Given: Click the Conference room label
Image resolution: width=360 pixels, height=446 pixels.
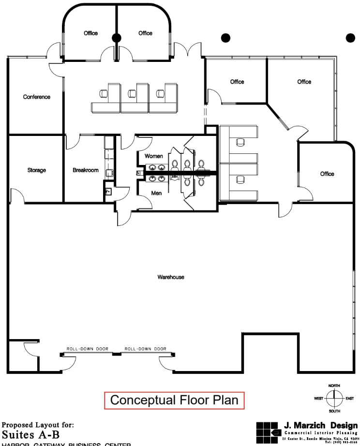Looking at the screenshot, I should pyautogui.click(x=36, y=97).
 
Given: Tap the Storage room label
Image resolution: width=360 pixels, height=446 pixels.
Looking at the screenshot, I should pyautogui.click(x=36, y=170).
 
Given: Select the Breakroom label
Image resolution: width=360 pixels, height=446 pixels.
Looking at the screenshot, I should pyautogui.click(x=86, y=170).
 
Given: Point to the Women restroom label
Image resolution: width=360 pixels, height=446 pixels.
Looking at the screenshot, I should pyautogui.click(x=153, y=156).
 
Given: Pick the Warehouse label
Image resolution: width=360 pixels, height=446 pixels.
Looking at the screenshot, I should pyautogui.click(x=170, y=277).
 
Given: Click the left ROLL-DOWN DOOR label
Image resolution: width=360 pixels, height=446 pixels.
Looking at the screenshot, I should pyautogui.click(x=88, y=348).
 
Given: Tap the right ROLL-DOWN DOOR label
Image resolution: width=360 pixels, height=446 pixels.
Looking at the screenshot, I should pyautogui.click(x=145, y=348).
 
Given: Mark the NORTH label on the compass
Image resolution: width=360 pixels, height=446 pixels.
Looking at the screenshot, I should pyautogui.click(x=334, y=386).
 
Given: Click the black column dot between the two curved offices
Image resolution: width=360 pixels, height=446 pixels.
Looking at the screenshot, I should pyautogui.click(x=116, y=38).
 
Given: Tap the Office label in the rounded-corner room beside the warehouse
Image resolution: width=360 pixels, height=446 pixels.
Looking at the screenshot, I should pyautogui.click(x=327, y=174).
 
